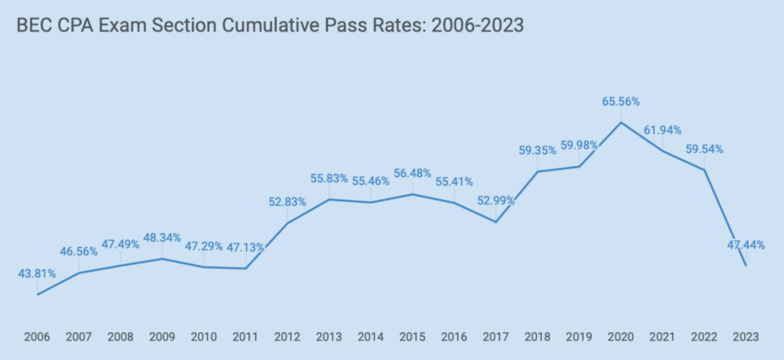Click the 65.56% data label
(620, 101)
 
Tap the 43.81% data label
(37, 273)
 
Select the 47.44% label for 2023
(744, 244)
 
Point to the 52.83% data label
(287, 202)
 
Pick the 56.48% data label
(412, 173)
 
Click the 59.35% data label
(537, 150)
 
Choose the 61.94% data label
(662, 130)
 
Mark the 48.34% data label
(162, 237)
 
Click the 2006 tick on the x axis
(37, 336)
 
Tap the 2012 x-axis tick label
(287, 336)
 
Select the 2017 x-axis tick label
(496, 336)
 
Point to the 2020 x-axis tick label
(621, 336)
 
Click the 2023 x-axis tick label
(746, 336)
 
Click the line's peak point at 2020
(621, 122)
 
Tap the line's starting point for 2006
(38, 294)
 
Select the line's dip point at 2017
(496, 222)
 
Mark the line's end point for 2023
(746, 266)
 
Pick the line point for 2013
(329, 199)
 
